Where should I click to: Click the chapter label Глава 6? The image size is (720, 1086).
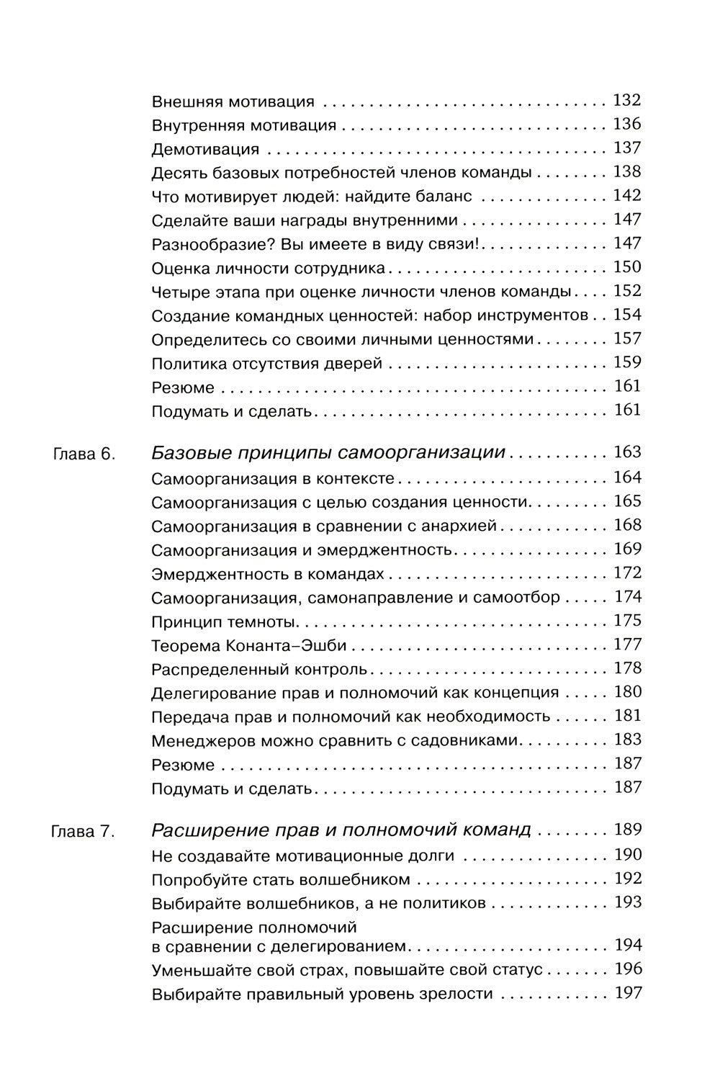pos(84,455)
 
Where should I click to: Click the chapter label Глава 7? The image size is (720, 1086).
pos(84,832)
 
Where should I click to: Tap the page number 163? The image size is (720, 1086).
pos(626,453)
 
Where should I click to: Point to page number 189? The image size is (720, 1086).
pos(627,830)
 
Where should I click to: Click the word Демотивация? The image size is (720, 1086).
pos(205,150)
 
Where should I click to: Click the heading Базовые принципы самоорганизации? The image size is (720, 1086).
pos(328,454)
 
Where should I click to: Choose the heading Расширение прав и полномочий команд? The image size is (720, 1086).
pos(341,831)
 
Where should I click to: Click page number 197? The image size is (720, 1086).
pos(627,994)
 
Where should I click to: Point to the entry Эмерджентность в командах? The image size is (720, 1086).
pos(268,575)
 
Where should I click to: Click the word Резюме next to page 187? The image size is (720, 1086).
pos(183,765)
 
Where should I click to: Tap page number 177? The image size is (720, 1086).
pos(626,645)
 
